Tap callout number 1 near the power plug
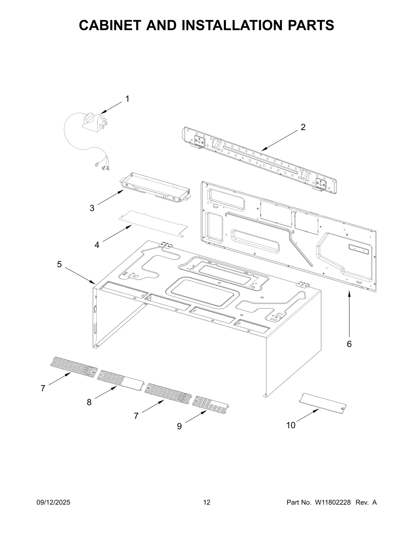127,99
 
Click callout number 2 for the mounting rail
303,127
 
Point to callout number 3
92,208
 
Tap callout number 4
97,245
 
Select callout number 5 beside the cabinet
59,264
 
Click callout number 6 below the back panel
349,344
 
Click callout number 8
89,402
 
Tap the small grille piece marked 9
210,406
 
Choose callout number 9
179,426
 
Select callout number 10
291,425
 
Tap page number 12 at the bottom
207,502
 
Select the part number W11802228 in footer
332,502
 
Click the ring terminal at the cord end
97,163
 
